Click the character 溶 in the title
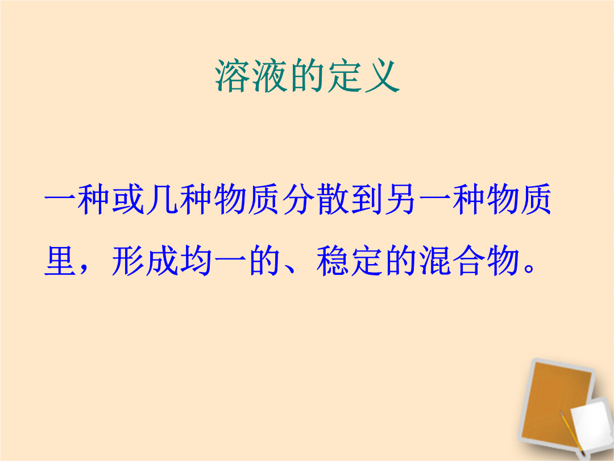pyautogui.click(x=233, y=76)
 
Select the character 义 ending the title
pyautogui.click(x=382, y=76)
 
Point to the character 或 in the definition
pyautogui.click(x=128, y=199)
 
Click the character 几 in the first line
pyautogui.click(x=161, y=199)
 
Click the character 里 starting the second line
pyautogui.click(x=60, y=260)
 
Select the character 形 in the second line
pyautogui.click(x=128, y=260)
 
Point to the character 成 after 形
pyautogui.click(x=162, y=260)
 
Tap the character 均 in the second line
pyautogui.click(x=196, y=260)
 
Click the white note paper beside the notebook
pyautogui.click(x=591, y=425)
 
